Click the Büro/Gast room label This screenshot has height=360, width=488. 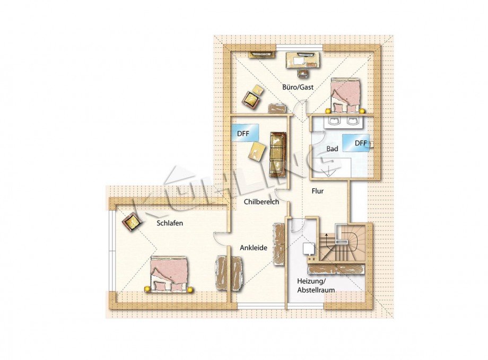tap(298, 87)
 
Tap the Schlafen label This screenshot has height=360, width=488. tap(170, 223)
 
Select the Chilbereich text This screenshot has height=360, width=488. tap(262, 201)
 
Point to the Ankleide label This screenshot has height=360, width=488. tap(254, 248)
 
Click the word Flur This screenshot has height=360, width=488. tap(318, 191)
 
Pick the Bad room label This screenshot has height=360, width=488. tap(332, 149)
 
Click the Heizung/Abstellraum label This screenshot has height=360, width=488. tap(316, 286)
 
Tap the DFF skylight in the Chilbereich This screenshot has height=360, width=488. tap(246, 133)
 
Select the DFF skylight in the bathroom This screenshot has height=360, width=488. tap(356, 143)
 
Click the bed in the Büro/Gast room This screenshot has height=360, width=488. tap(345, 95)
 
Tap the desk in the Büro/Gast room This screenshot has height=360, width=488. tap(303, 59)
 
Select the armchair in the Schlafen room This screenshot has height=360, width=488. tap(133, 221)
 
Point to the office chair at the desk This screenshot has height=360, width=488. tap(302, 73)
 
